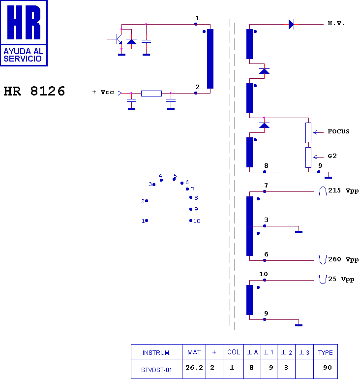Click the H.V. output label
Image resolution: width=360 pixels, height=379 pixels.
[x=336, y=24]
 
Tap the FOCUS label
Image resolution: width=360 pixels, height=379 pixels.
[x=338, y=131]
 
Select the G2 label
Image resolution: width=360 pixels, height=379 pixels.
[x=332, y=156]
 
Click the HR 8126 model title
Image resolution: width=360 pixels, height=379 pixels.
[x=34, y=91]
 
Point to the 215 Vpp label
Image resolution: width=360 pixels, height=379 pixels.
[x=343, y=190]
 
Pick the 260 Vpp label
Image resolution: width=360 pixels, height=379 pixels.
[x=343, y=259]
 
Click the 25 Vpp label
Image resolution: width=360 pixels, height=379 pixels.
[x=341, y=280]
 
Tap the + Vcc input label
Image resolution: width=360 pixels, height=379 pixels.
[x=103, y=92]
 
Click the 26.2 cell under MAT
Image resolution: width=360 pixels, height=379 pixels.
[x=194, y=368]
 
